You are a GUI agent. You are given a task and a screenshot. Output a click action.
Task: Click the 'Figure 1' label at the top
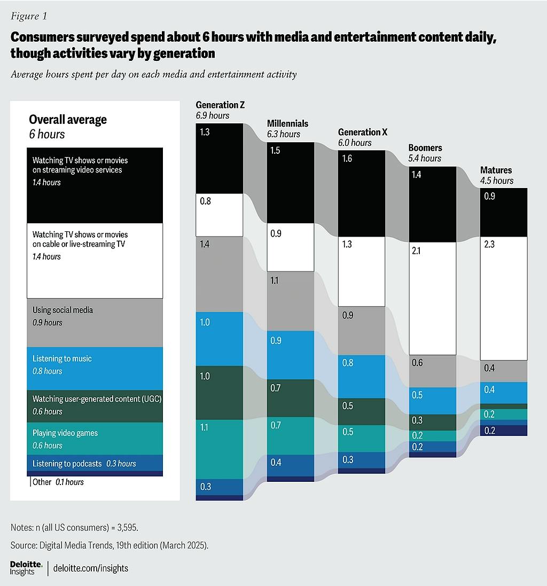click(29, 16)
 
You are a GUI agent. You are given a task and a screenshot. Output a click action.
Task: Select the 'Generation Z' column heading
click(220, 105)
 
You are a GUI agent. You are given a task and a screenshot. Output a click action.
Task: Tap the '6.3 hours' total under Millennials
click(284, 134)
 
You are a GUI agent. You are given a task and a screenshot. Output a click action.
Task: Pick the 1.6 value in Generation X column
click(347, 159)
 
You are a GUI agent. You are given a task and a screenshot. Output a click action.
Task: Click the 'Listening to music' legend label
click(62, 358)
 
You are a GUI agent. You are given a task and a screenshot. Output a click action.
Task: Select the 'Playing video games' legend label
click(65, 433)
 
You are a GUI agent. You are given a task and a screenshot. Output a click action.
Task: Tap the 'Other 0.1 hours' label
click(58, 482)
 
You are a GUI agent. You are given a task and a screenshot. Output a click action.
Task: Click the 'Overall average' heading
click(68, 120)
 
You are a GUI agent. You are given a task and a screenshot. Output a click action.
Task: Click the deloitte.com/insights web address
click(91, 568)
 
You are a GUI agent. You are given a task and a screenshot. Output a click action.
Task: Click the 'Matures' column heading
click(496, 170)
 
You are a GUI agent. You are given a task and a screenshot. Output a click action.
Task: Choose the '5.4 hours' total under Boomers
click(425, 158)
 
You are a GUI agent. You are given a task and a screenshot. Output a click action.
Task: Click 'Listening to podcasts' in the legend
click(67, 463)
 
